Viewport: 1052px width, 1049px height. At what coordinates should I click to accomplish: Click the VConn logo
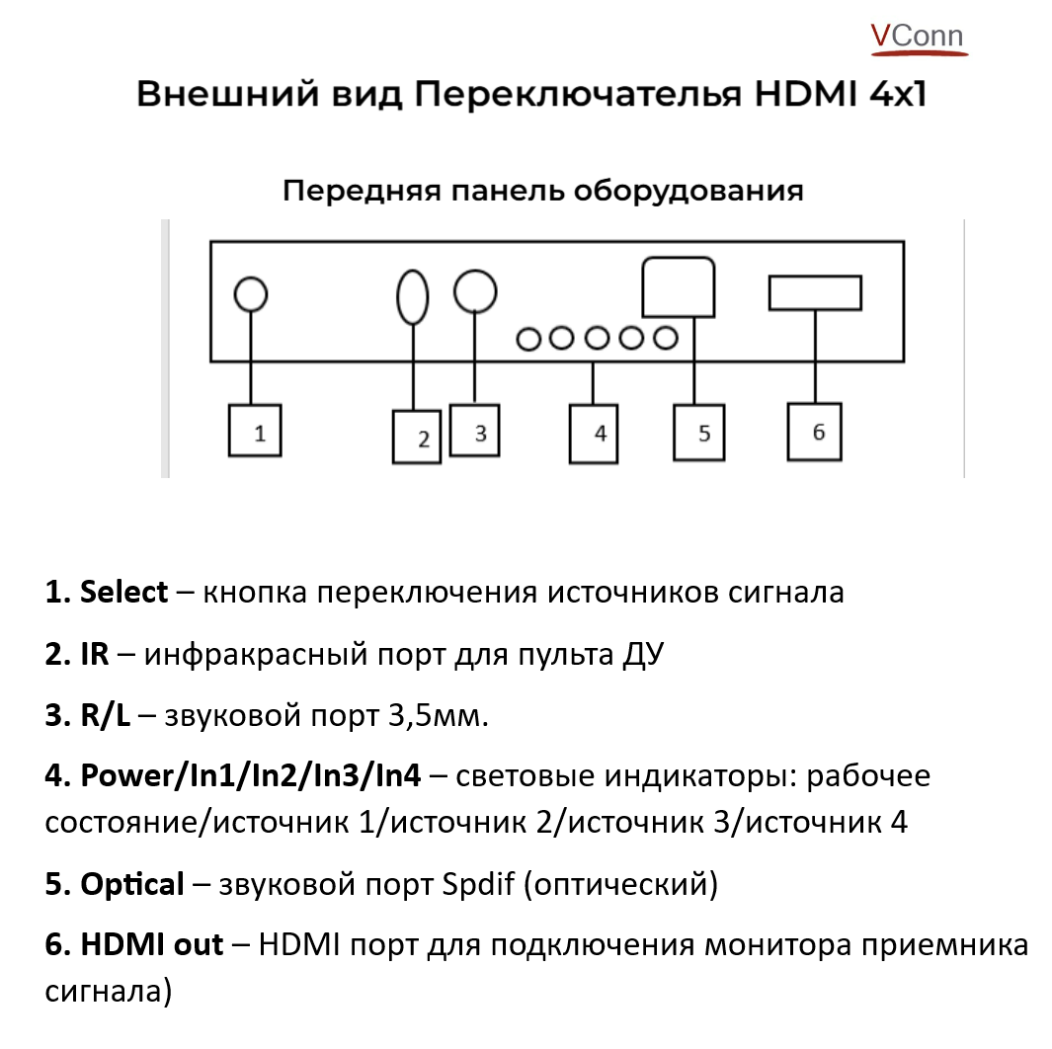tap(916, 37)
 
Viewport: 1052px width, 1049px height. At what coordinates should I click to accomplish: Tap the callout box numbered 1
tap(255, 431)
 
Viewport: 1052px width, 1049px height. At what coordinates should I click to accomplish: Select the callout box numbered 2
tap(421, 437)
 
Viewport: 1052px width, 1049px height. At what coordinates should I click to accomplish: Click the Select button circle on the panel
tap(251, 293)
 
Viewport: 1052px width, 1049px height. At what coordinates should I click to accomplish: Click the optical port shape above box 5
tap(679, 286)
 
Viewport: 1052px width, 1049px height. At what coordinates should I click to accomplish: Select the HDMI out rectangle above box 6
tap(815, 293)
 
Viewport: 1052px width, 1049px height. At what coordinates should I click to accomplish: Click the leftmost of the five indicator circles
tap(528, 338)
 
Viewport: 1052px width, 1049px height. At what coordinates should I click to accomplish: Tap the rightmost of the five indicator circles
tap(666, 338)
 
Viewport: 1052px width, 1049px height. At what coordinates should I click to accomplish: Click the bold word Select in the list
tap(123, 593)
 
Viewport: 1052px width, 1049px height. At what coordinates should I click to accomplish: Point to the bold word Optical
tap(132, 884)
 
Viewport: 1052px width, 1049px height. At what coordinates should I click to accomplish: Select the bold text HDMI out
tap(151, 944)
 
